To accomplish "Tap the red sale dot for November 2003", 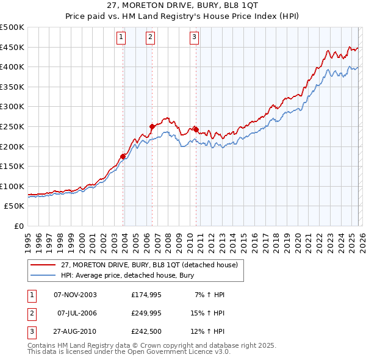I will click(x=123, y=156).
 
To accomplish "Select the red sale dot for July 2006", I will click(x=152, y=126).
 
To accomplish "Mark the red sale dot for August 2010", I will click(x=196, y=129).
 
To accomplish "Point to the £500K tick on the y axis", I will click(x=12, y=27).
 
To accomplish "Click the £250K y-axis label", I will click(x=12, y=126).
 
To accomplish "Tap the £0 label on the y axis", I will click(x=18, y=226).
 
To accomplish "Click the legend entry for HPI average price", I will click(x=127, y=275).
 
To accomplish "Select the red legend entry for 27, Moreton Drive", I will click(x=152, y=264).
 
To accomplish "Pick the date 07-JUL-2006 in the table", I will click(x=77, y=313).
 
